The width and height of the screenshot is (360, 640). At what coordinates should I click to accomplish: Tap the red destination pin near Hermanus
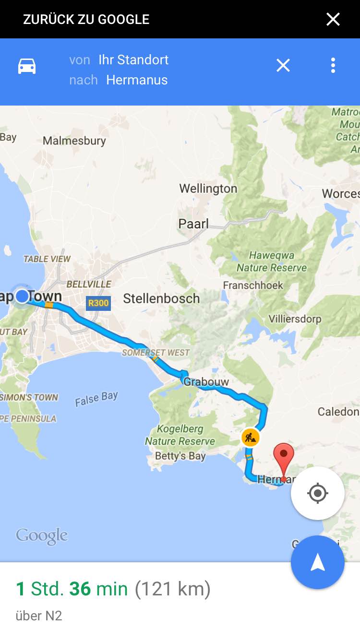(284, 456)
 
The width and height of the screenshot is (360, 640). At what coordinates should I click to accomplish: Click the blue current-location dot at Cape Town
(22, 296)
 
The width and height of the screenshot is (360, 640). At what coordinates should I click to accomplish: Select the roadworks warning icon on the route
(250, 437)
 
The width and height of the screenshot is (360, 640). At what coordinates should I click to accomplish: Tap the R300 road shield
(98, 303)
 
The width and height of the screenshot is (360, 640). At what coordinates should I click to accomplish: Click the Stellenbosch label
(161, 298)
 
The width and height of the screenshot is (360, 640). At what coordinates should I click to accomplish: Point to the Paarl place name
(193, 224)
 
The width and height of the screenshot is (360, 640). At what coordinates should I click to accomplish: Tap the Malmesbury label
(74, 141)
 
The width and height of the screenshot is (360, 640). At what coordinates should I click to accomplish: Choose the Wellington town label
(208, 189)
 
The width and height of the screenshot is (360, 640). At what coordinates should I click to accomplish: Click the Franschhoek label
(253, 285)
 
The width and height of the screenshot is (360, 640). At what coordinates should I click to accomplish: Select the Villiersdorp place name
(295, 319)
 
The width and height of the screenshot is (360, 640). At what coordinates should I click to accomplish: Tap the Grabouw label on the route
(206, 382)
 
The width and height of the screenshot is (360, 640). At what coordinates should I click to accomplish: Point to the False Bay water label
(96, 399)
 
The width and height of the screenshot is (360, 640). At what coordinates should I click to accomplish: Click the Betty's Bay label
(180, 456)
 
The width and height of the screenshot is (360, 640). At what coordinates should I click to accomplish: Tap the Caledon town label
(338, 412)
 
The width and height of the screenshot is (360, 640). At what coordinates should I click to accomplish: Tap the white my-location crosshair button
(317, 493)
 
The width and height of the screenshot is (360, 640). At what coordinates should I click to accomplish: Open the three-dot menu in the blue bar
(333, 65)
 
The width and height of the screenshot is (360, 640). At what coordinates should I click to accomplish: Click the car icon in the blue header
(27, 66)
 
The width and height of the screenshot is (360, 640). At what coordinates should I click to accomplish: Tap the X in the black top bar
(333, 19)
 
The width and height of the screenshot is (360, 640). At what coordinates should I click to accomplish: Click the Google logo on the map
(42, 536)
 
